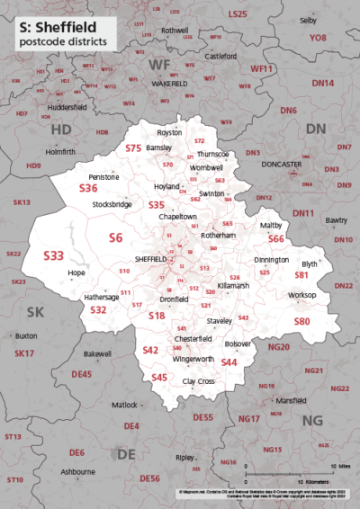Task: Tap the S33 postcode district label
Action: pos(54,256)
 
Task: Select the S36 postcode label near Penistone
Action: pos(87,189)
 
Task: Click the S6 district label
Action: pos(115,238)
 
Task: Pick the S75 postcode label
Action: pos(134,147)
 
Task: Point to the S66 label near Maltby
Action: pos(276,239)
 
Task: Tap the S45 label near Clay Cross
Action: pos(159,377)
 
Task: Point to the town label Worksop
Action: pos(301,295)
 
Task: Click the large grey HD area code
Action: pos(61,130)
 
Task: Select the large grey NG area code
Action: pos(312,421)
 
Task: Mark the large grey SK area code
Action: pos(34,312)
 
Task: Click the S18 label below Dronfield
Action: pos(157,316)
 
